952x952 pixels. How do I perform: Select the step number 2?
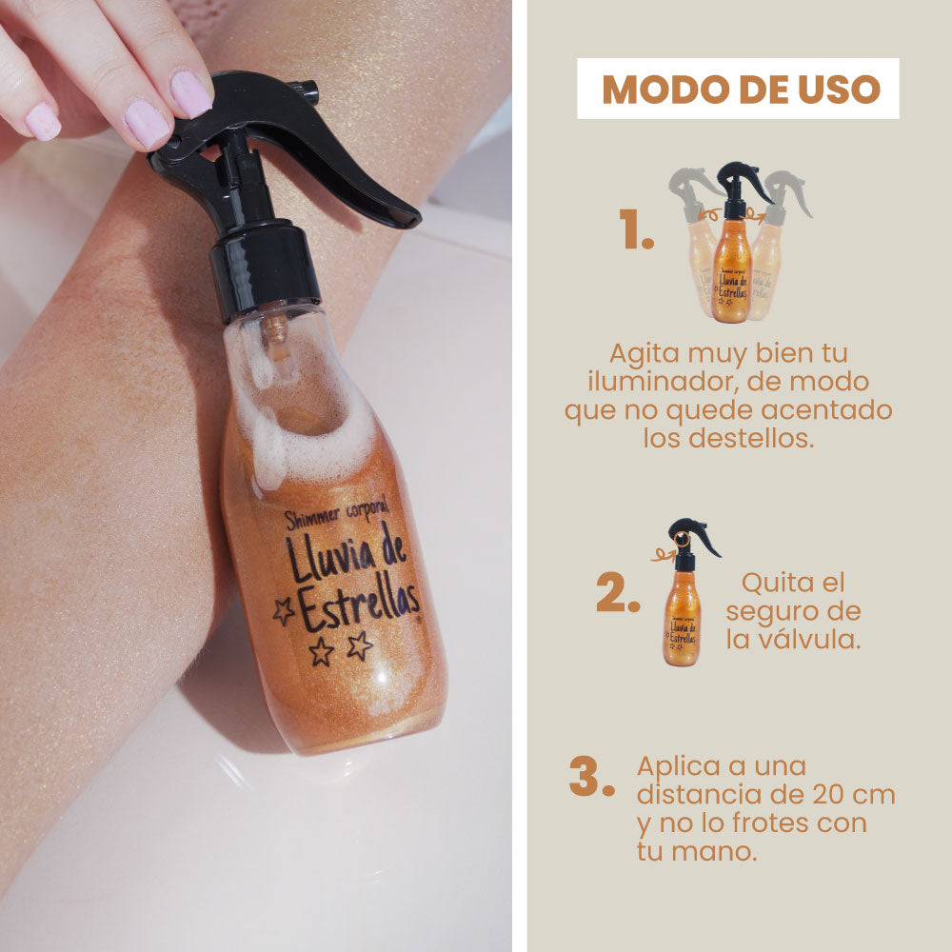pyautogui.click(x=618, y=591)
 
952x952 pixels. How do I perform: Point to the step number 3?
pyautogui.click(x=592, y=776)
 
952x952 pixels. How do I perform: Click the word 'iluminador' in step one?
pyautogui.click(x=663, y=382)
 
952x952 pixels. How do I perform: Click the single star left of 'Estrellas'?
pyautogui.click(x=284, y=611)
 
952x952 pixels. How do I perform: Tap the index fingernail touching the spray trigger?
pyautogui.click(x=190, y=93)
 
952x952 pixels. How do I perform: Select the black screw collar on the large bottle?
pyautogui.click(x=265, y=270)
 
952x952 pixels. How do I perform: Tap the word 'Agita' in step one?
pyautogui.click(x=645, y=354)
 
